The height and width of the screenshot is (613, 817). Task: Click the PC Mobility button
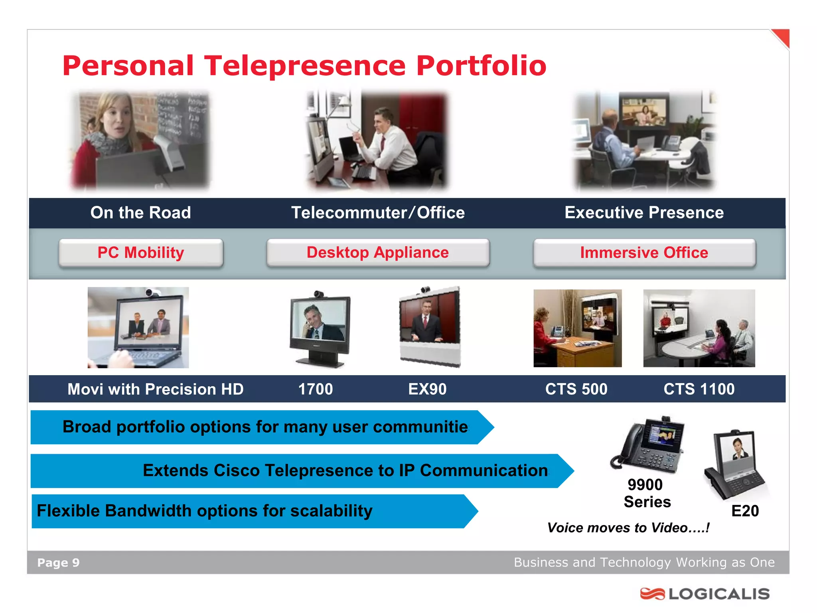(x=141, y=253)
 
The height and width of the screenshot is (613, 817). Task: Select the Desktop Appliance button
(x=378, y=253)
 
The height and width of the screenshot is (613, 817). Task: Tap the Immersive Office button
(x=644, y=253)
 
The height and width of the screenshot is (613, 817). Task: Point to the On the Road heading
(x=140, y=213)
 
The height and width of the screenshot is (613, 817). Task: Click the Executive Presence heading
(x=644, y=213)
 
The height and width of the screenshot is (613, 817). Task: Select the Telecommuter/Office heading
(x=378, y=213)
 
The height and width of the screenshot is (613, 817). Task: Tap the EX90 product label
(x=427, y=389)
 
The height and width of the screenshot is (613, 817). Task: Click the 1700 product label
(x=316, y=389)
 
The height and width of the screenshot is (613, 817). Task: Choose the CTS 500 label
(x=576, y=389)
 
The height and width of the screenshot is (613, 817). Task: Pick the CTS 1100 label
(x=699, y=389)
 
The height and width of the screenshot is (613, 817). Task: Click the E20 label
(x=745, y=511)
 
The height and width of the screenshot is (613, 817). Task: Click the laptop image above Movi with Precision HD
(x=138, y=328)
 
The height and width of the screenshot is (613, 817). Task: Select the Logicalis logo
(x=705, y=594)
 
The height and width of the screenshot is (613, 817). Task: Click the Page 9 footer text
(x=58, y=563)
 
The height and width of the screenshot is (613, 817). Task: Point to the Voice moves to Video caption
(x=628, y=528)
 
